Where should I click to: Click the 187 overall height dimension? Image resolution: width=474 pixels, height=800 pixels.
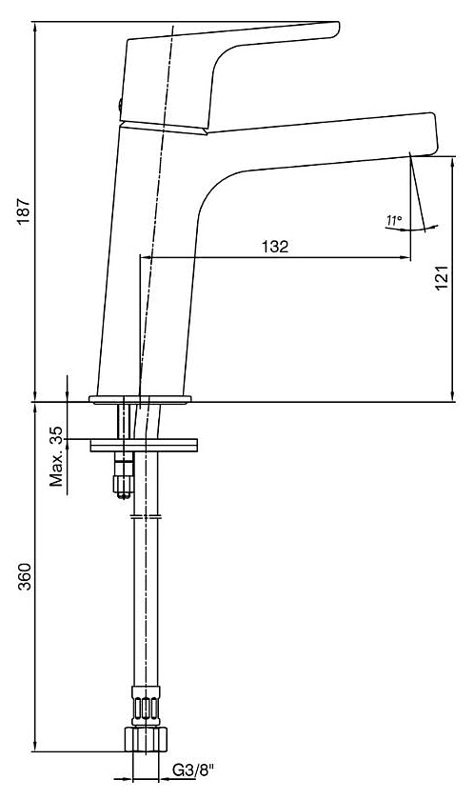click(24, 210)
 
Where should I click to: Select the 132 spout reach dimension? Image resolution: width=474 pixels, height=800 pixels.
click(275, 247)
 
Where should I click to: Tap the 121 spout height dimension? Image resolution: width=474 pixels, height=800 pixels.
click(442, 277)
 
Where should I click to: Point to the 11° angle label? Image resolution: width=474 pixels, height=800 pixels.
click(394, 221)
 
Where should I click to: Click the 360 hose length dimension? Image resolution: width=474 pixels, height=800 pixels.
click(24, 576)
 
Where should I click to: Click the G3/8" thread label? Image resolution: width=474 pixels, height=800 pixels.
click(193, 770)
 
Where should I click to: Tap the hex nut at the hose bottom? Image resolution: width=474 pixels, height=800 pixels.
click(146, 739)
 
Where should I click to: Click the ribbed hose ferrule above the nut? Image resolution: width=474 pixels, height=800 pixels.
click(146, 706)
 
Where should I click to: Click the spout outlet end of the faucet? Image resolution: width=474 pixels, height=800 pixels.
click(432, 134)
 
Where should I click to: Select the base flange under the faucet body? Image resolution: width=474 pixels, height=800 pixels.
click(140, 399)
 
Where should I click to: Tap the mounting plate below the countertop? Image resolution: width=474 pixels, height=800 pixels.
click(144, 445)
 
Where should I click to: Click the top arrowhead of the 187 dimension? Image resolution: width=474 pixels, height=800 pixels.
click(34, 27)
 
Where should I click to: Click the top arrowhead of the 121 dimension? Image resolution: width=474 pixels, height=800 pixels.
click(453, 162)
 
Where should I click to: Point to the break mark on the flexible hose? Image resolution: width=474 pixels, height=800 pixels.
click(146, 517)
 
